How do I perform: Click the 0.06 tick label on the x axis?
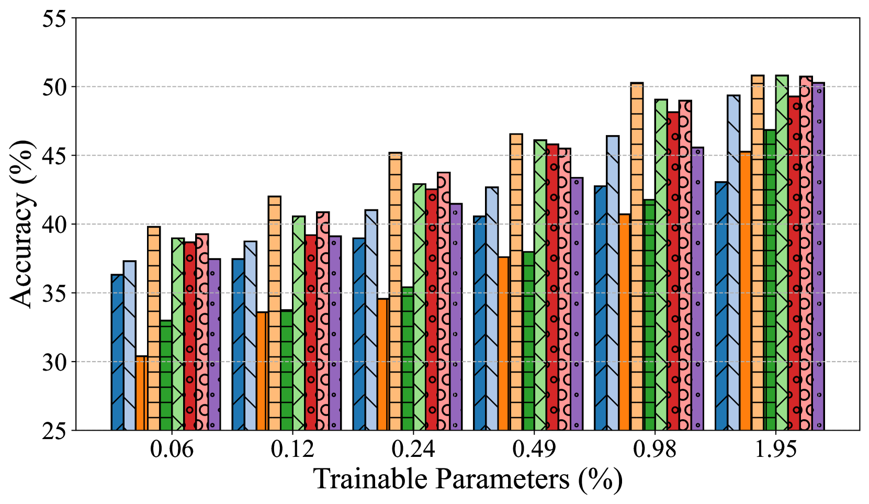pos(172,450)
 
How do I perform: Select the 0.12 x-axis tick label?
pos(292,450)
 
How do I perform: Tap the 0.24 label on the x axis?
pos(413,450)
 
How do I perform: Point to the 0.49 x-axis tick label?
pos(534,450)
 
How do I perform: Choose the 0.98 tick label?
pos(655,450)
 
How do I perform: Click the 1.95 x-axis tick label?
pos(776,450)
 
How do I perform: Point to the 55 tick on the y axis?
pos(54,19)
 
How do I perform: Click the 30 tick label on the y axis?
pos(54,362)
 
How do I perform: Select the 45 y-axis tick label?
pos(54,156)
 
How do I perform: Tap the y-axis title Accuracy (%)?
pos(22,224)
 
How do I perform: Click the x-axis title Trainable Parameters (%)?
pos(468,479)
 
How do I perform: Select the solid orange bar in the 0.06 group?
pos(141,393)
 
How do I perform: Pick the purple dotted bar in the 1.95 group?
pos(818,256)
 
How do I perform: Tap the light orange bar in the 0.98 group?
pos(637,256)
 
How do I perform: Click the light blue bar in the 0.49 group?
pos(492,309)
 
